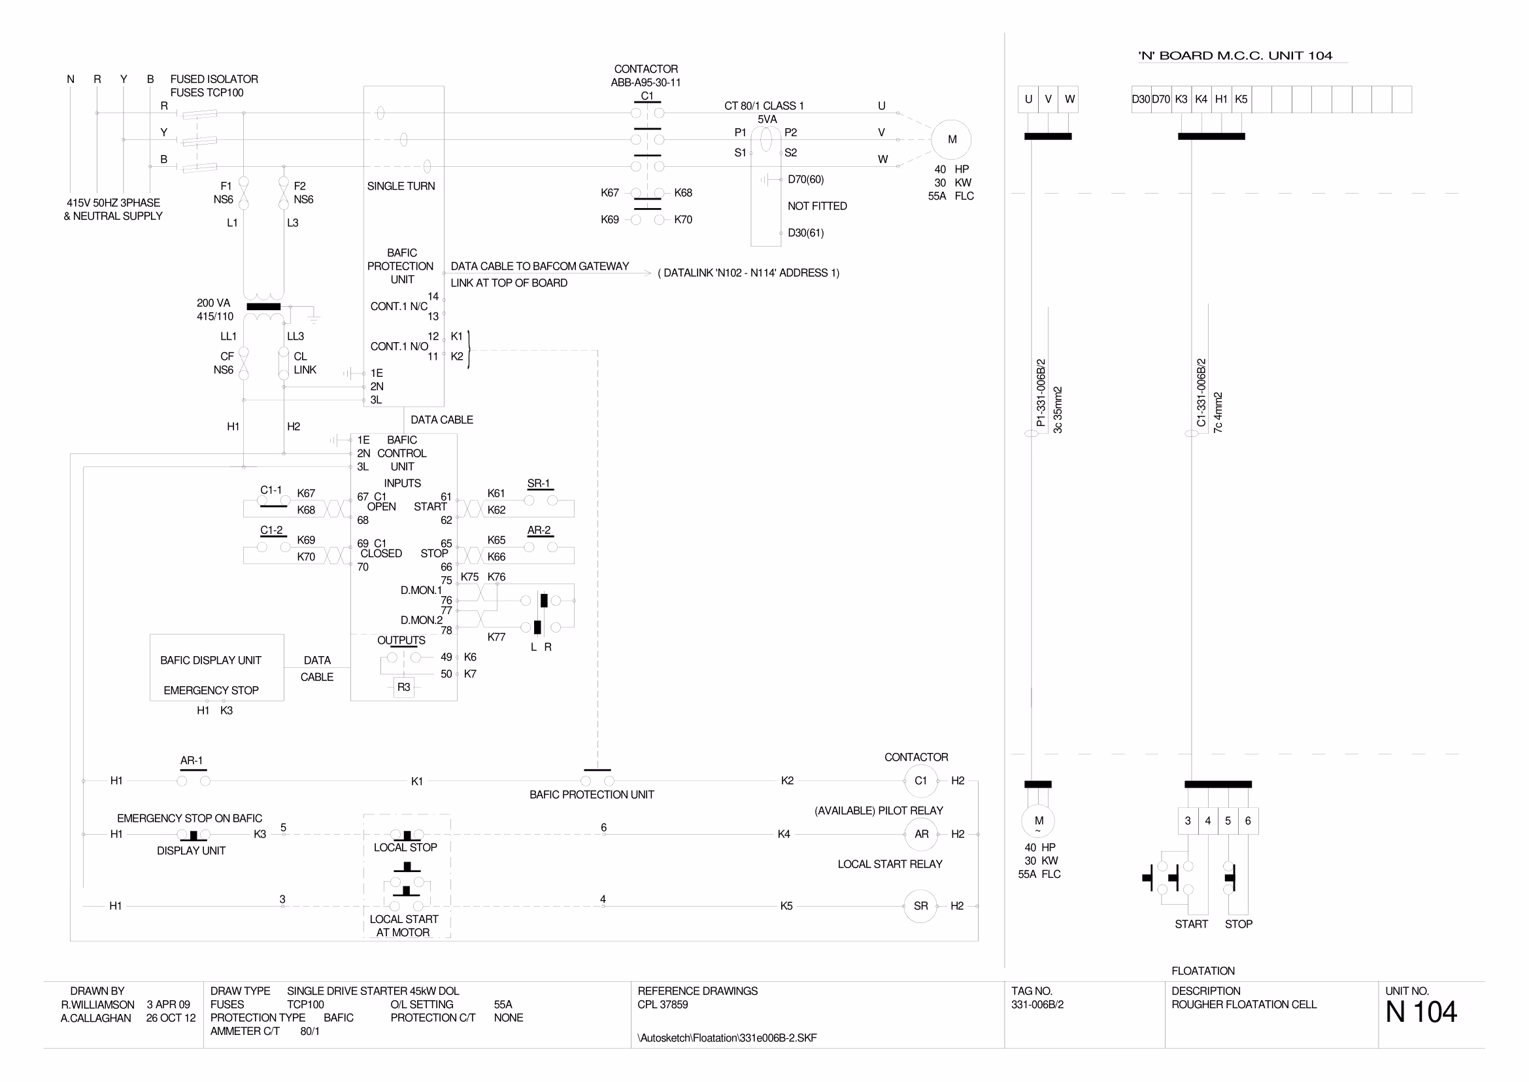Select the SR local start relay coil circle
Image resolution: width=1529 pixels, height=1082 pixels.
coord(920,905)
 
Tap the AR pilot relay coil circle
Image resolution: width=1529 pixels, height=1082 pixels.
coord(921,833)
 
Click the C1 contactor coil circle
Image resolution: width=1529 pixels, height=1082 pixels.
coord(920,780)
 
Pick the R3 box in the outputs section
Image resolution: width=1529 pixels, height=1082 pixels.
coord(403,687)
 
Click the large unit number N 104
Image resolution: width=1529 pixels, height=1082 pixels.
coord(1420,1012)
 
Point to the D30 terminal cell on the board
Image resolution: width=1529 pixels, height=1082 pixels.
coord(1141,99)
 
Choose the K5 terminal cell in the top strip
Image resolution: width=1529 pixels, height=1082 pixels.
coord(1241,99)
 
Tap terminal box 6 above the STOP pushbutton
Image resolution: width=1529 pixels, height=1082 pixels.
coord(1248,821)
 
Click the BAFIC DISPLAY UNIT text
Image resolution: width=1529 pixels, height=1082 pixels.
coord(210,660)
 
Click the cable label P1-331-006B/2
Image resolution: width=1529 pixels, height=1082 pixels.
coord(1041,393)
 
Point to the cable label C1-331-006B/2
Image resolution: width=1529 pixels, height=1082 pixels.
coord(1201,393)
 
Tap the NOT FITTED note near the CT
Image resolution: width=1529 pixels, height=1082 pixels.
coord(817,206)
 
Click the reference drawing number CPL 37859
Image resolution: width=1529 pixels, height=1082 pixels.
coord(663,1004)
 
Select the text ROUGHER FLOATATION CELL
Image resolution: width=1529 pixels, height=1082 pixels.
coord(1244,1004)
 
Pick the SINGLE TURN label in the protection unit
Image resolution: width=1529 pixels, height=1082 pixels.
coord(401,186)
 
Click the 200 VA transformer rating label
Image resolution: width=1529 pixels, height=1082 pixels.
coord(213,303)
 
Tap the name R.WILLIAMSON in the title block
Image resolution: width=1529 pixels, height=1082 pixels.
coord(98,1004)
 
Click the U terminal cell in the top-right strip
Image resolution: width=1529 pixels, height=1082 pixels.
coord(1028,99)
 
